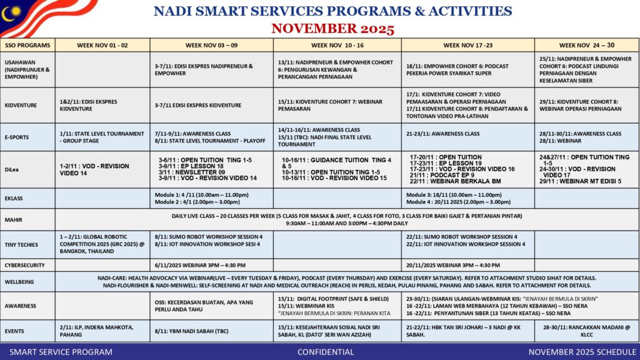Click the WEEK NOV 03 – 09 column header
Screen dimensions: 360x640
pos(211,45)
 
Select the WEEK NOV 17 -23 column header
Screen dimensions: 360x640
pos(467,45)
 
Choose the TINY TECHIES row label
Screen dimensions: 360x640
pos(21,244)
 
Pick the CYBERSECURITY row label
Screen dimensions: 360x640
pos(25,265)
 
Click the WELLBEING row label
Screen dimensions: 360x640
pos(21,282)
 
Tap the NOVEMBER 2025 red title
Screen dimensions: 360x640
pos(332,29)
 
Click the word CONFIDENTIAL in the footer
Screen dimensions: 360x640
pos(326,352)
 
